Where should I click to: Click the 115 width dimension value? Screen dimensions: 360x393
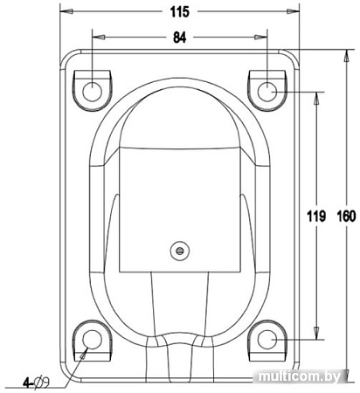point(180,12)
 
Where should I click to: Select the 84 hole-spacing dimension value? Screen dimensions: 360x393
point(179,38)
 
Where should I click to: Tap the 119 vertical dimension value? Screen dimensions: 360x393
point(316,217)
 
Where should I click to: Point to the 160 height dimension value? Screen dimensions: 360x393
point(346,217)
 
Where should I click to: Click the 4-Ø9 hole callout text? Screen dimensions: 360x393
point(37,383)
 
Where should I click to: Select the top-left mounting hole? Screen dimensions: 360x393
point(92,92)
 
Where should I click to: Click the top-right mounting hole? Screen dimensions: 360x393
point(267,92)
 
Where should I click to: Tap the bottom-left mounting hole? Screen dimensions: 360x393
point(92,340)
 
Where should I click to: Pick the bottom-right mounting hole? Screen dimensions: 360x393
point(267,340)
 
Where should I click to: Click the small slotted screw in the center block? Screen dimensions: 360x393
point(180,251)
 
